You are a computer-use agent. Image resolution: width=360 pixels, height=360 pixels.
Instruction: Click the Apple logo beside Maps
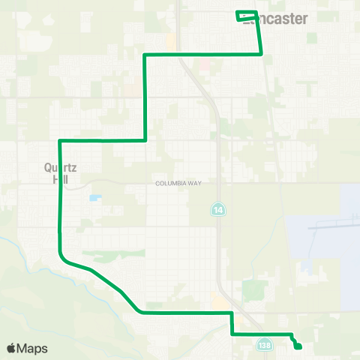point(11,349)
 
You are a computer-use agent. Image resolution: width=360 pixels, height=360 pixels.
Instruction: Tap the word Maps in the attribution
point(33,349)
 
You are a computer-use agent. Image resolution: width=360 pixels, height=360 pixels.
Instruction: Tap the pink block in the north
point(204,65)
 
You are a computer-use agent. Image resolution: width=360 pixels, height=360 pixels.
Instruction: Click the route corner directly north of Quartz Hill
point(59,140)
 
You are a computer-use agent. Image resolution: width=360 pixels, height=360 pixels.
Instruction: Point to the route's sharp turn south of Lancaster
point(260,53)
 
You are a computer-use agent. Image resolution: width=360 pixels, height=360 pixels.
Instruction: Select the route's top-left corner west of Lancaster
point(144,55)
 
